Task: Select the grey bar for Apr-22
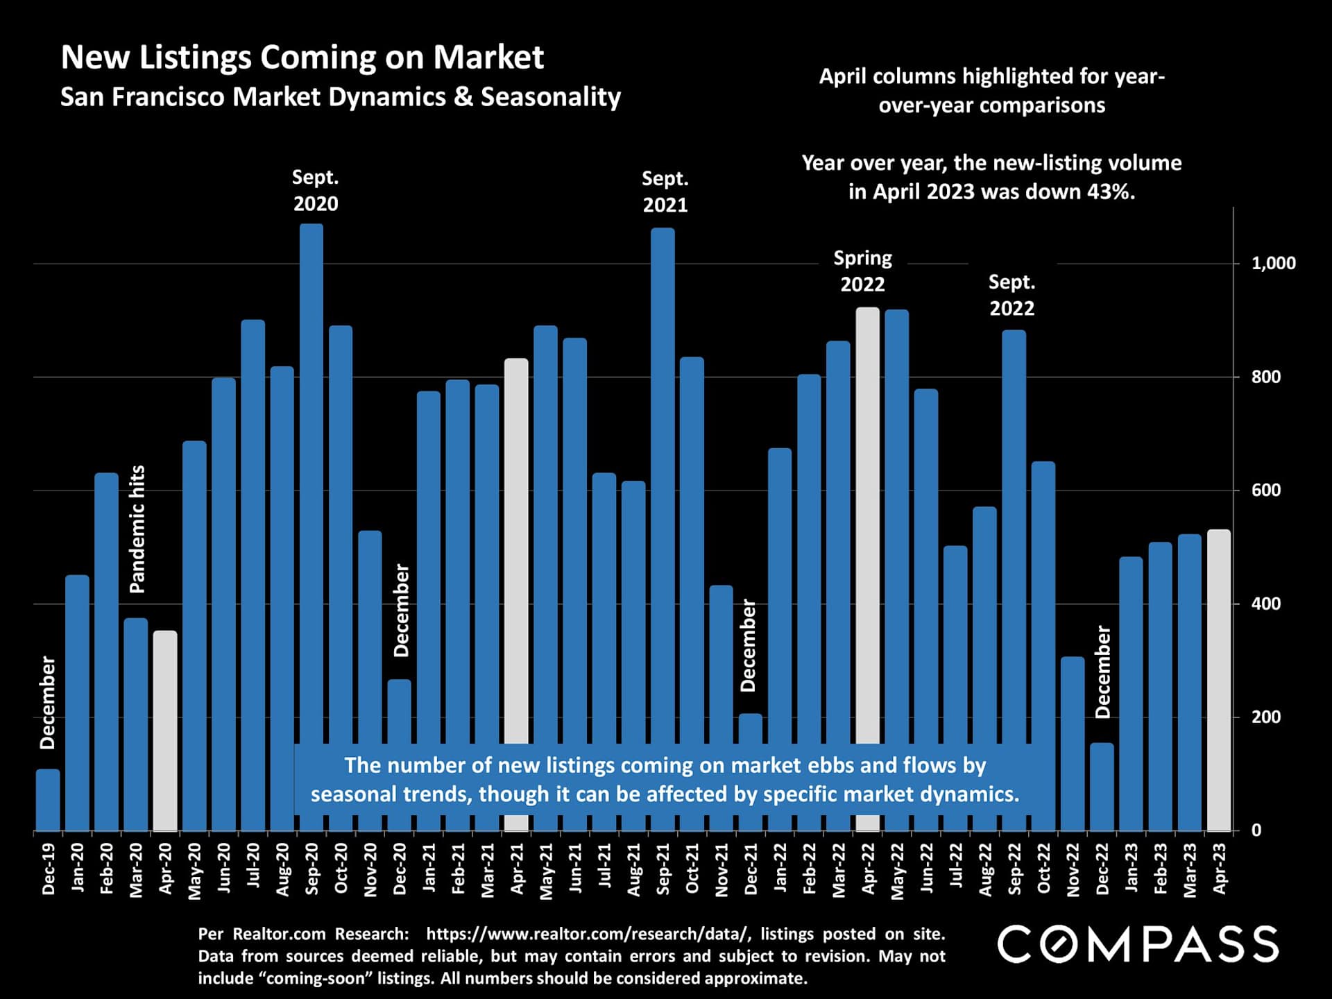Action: pos(867,520)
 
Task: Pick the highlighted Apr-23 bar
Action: pos(1219,680)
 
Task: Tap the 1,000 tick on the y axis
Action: pos(1273,264)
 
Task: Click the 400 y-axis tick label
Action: pos(1266,604)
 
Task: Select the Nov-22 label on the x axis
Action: pos(1073,870)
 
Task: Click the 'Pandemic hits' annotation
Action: pos(137,529)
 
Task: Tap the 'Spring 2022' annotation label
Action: pos(862,271)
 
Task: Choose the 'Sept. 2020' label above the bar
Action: pos(316,191)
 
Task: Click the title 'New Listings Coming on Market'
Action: pos(302,57)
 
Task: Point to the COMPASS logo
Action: pos(1138,944)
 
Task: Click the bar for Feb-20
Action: pos(106,652)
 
